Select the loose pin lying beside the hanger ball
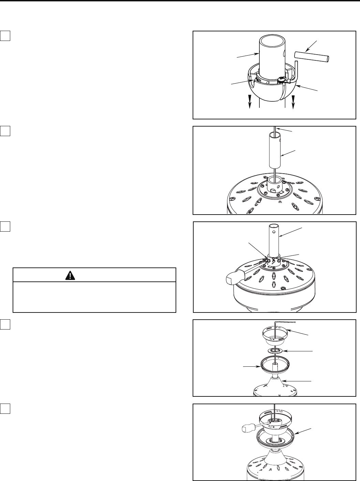point(312,56)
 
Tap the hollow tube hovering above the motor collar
point(274,150)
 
